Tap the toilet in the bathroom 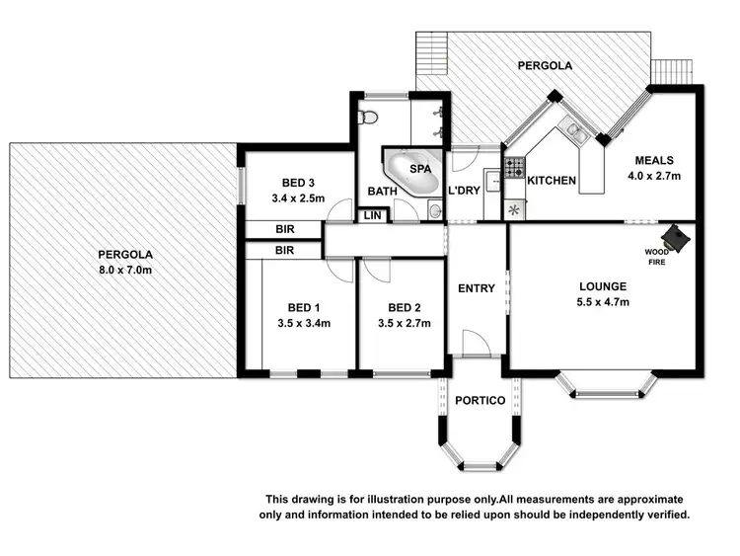368,119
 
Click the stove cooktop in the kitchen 513,169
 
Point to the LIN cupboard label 372,215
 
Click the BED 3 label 298,183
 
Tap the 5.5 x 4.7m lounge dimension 603,303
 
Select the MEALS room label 654,161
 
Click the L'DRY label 464,191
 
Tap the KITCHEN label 551,181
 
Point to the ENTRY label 477,288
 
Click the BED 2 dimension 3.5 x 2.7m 406,323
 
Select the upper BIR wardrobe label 285,230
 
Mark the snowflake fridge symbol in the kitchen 513,208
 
